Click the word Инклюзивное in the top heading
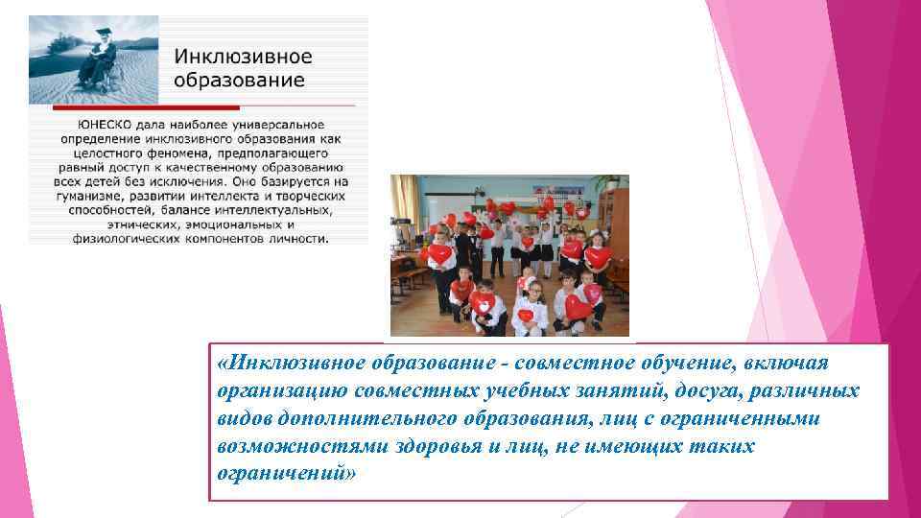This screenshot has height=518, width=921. [244, 57]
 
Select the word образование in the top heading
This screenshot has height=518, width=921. [240, 80]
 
